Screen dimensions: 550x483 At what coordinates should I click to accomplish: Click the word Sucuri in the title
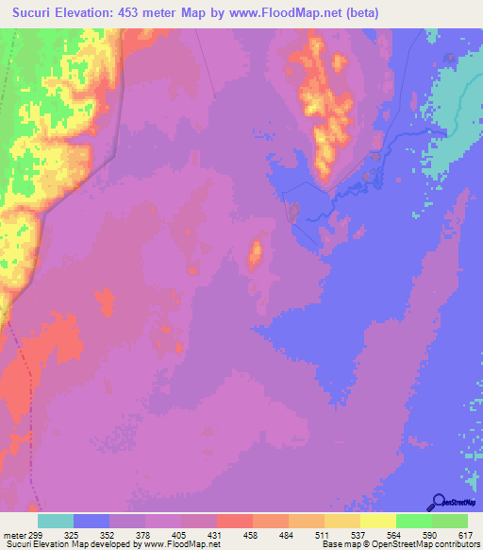[39, 12]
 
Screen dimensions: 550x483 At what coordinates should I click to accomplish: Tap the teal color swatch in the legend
[56, 521]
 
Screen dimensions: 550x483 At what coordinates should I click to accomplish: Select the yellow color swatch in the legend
[378, 521]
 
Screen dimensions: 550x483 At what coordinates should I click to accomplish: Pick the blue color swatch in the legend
[92, 521]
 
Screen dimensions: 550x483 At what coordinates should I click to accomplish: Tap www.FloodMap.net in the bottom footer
[181, 544]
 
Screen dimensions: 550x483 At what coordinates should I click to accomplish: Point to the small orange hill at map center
[255, 252]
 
